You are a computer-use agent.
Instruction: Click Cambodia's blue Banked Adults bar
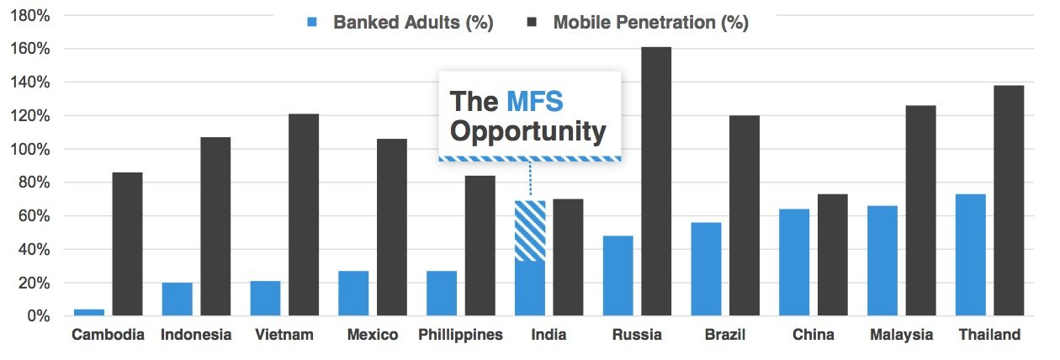click(89, 312)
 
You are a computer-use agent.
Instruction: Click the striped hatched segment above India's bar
click(530, 230)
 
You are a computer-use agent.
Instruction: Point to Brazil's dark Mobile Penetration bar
click(744, 215)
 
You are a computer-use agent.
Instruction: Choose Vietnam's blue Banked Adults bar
click(265, 299)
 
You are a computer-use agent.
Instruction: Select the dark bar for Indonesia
click(215, 226)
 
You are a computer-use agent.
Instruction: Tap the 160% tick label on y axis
click(32, 49)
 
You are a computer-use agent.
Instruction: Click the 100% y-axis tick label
click(32, 149)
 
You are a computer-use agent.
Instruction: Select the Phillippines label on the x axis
click(460, 335)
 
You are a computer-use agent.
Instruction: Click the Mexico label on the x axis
click(372, 335)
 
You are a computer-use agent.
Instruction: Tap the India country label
click(549, 335)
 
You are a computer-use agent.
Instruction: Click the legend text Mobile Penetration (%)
click(650, 23)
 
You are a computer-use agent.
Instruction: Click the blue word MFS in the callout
click(534, 102)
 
